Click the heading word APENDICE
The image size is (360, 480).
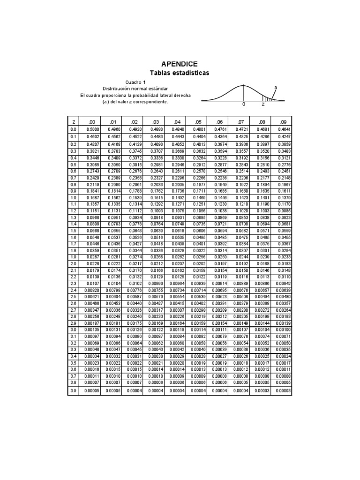point(180,64)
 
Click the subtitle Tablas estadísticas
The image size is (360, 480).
point(180,73)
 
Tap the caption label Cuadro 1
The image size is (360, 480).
point(135,82)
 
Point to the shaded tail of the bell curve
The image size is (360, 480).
point(269,98)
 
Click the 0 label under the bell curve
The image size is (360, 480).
point(243,105)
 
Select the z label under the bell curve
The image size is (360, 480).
point(263,105)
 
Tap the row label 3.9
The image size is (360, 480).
point(74,391)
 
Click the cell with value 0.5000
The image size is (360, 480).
point(92,129)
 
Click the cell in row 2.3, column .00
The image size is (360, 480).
point(92,284)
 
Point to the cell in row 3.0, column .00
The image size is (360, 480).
point(92,330)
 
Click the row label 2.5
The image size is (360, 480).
point(74,297)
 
